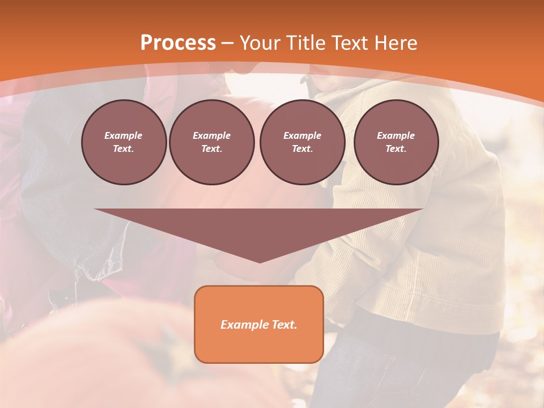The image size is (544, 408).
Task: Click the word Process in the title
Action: click(x=178, y=43)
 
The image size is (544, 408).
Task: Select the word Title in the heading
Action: click(x=308, y=43)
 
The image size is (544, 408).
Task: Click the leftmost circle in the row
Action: click(x=124, y=142)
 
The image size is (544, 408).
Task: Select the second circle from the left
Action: click(x=211, y=142)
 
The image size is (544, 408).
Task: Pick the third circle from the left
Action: click(x=302, y=142)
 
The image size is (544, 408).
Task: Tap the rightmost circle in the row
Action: click(x=396, y=142)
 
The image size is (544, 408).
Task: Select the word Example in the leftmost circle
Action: click(x=124, y=135)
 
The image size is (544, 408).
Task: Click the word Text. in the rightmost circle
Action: click(x=396, y=149)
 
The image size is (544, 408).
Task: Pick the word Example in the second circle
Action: click(x=211, y=135)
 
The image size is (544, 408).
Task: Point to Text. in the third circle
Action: click(x=302, y=149)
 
